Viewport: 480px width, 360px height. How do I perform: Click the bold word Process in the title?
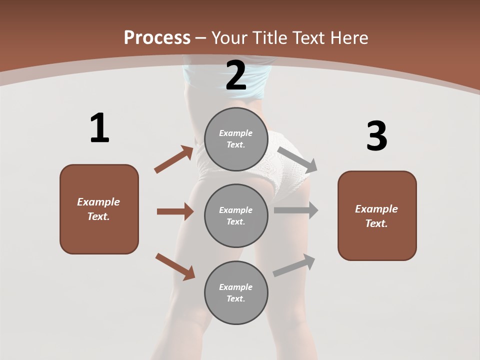pos(157,37)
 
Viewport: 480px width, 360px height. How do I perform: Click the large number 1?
pos(99,128)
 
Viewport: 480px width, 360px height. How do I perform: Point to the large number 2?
pos(236,75)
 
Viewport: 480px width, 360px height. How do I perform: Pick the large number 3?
pos(376,136)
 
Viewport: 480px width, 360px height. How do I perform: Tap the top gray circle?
pos(236,139)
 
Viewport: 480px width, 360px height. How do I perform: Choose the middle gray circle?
pos(236,215)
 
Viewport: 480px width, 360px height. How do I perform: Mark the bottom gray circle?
pos(236,292)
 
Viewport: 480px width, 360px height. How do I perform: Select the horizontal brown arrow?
pos(175,211)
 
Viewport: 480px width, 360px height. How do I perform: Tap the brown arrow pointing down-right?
pos(175,266)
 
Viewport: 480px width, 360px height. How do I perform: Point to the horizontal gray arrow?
pos(296,210)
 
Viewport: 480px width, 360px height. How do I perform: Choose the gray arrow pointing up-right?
pos(294,265)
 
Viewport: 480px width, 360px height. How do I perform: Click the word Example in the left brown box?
pos(98,202)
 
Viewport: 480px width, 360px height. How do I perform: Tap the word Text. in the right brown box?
pos(376,223)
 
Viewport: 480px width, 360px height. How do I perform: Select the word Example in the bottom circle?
pos(236,287)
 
